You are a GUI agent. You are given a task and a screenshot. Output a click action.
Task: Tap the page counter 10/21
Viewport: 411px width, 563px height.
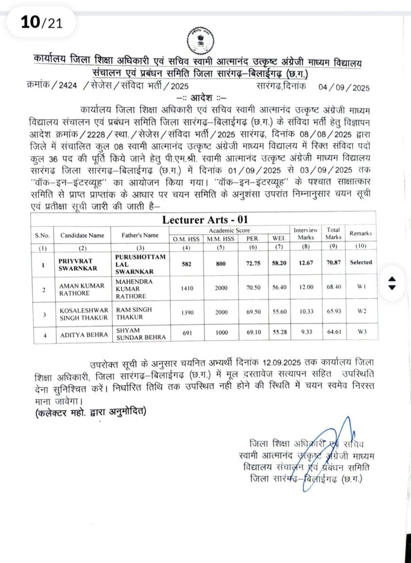point(41,22)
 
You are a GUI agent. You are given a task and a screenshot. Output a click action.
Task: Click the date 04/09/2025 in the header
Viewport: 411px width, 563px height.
point(344,87)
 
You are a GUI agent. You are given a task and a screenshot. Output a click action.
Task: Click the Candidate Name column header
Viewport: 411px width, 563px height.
point(82,235)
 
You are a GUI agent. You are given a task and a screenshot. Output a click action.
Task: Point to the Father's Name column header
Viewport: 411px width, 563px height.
point(140,235)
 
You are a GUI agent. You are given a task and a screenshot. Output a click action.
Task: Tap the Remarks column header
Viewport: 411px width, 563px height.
point(361,234)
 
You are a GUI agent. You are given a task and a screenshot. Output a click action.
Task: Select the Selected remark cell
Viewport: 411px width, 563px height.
point(361,262)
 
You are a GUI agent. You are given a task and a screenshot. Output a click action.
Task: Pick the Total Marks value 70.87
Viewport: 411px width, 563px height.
point(333,262)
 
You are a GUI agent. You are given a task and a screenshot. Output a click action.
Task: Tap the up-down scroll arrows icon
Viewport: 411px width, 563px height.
point(392,283)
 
